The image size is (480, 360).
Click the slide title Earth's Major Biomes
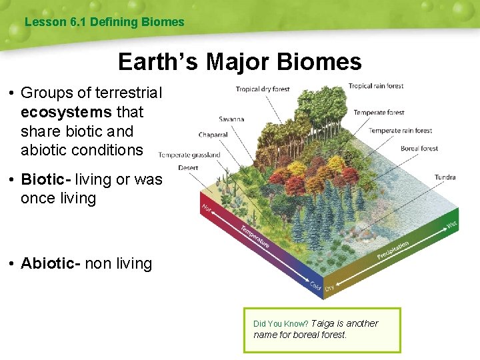240,62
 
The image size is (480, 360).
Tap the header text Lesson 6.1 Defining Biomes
104,22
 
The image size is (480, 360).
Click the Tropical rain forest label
375,86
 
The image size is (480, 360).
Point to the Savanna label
231,119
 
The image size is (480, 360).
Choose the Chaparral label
213,135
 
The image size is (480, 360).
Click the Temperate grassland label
189,155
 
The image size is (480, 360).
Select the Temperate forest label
379,113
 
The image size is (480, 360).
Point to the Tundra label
445,177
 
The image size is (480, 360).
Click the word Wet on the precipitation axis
451,225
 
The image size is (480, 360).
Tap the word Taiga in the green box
323,323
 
